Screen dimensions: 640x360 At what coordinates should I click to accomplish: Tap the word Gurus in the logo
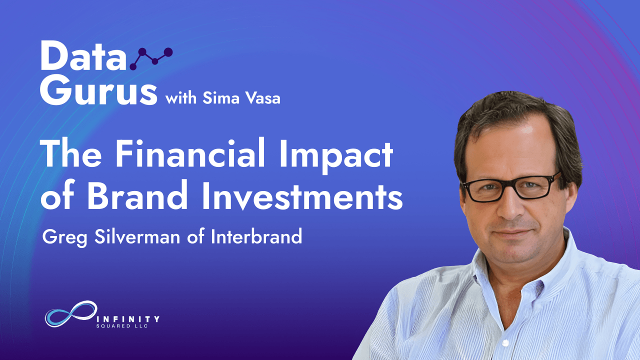98,90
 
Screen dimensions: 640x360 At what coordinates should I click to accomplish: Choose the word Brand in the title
137,195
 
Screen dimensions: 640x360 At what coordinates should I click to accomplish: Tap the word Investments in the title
302,195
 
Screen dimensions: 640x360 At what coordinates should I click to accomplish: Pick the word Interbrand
256,236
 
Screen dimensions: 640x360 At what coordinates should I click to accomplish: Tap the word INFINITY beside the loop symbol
127,318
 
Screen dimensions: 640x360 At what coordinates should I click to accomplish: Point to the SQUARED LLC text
122,326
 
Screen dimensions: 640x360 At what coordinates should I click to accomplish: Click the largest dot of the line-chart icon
168,52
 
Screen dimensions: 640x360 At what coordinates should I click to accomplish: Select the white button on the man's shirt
505,342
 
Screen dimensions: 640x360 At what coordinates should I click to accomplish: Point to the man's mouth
512,233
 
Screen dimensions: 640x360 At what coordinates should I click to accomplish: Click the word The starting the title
71,153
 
